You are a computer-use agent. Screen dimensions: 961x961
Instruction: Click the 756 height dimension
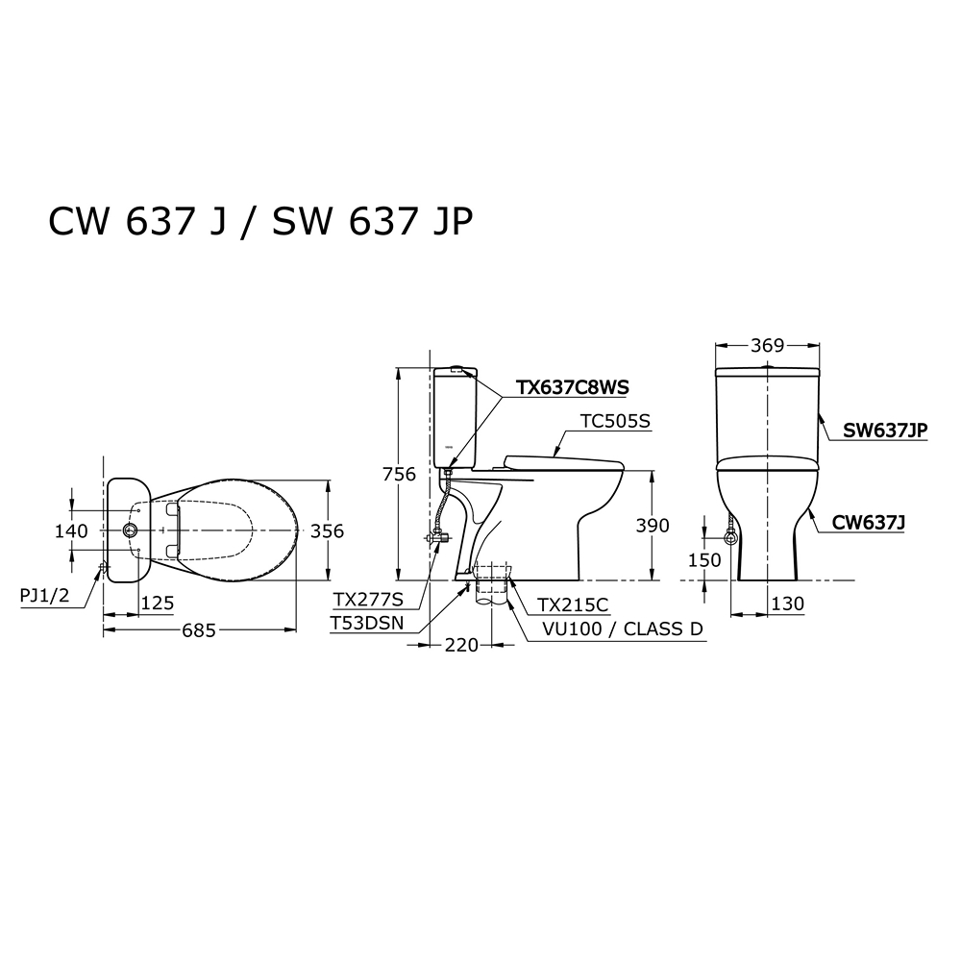pyautogui.click(x=399, y=475)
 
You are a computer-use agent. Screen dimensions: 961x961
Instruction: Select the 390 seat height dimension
pyautogui.click(x=653, y=526)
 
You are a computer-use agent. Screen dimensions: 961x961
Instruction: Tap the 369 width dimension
pyautogui.click(x=768, y=346)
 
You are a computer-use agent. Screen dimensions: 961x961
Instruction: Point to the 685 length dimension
pyautogui.click(x=199, y=630)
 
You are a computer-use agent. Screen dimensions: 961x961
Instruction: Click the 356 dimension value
pyautogui.click(x=328, y=530)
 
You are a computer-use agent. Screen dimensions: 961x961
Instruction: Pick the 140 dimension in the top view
pyautogui.click(x=72, y=530)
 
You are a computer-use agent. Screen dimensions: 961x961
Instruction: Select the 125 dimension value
pyautogui.click(x=158, y=604)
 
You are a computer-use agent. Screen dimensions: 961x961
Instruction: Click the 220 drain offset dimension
pyautogui.click(x=461, y=645)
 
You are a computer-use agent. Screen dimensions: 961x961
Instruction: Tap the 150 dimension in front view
pyautogui.click(x=704, y=560)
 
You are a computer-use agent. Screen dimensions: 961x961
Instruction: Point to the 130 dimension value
pyautogui.click(x=788, y=604)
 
